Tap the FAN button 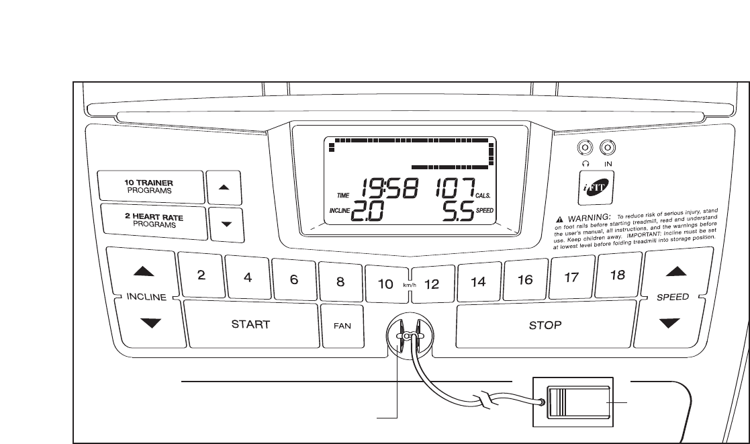coord(340,325)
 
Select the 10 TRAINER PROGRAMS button coord(151,186)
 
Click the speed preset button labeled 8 coord(340,282)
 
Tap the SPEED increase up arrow coord(673,271)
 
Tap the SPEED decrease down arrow coord(673,322)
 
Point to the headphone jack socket coord(585,146)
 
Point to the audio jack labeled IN coord(607,146)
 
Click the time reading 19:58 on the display coord(389,187)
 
